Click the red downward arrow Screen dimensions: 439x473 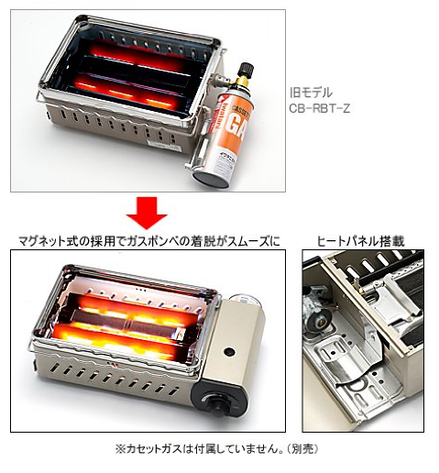pyautogui.click(x=147, y=213)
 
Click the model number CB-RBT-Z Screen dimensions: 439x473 pyautogui.click(x=320, y=108)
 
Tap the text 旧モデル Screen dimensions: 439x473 pyautogui.click(x=311, y=93)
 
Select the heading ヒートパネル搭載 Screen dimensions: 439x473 pyautogui.click(x=361, y=241)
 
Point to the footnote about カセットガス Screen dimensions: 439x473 pyautogui.click(x=216, y=449)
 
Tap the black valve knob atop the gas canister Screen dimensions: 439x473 pyautogui.click(x=247, y=70)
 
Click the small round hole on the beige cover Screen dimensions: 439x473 pyautogui.click(x=229, y=352)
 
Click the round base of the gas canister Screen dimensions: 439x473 pyautogui.click(x=212, y=180)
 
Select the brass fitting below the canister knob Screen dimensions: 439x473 pyautogui.click(x=242, y=82)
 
